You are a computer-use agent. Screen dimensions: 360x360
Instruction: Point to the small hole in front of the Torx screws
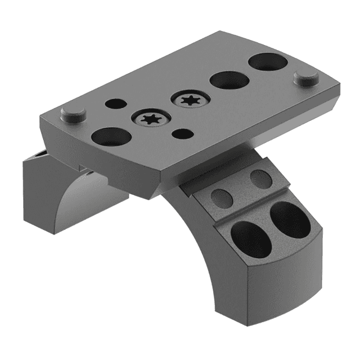click(x=181, y=134)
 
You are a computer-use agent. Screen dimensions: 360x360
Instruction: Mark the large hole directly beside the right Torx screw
click(x=229, y=79)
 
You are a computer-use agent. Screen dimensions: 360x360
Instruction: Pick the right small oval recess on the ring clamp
click(x=260, y=179)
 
